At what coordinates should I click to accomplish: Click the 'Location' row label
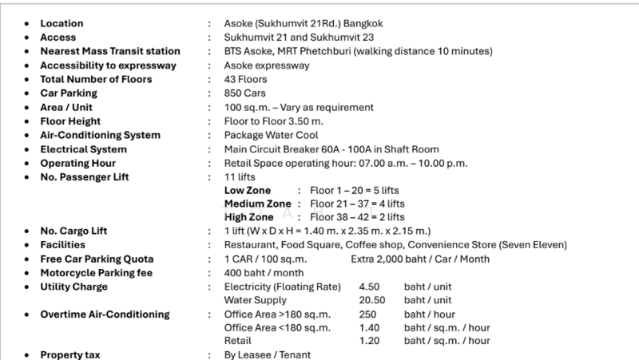pos(62,23)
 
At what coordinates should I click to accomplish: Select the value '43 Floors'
pos(246,79)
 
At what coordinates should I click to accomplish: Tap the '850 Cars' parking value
pos(245,93)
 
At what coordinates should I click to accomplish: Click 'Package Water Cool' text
pos(273,135)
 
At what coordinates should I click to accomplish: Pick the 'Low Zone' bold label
pos(248,191)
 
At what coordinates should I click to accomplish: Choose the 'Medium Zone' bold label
pos(257,204)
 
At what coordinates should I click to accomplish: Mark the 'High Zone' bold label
pos(249,216)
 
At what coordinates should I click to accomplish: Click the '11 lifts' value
pos(240,177)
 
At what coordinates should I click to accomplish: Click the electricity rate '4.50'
pos(369,287)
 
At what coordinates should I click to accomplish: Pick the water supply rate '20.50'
pos(372,300)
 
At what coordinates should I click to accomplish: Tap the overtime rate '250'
pos(367,315)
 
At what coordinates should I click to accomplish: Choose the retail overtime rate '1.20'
pos(369,341)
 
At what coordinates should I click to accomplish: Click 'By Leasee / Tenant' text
pos(268,354)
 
